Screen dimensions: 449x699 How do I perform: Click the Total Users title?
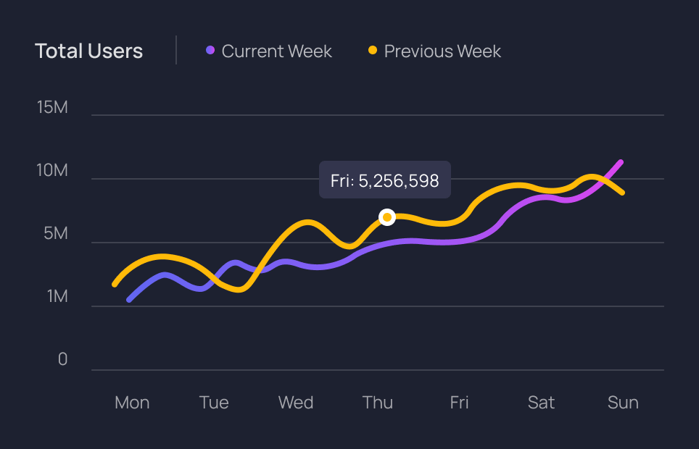[88, 51]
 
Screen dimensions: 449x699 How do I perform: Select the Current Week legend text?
[276, 51]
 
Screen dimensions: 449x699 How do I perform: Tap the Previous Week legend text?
[442, 51]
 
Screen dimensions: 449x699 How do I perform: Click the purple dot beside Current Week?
[210, 51]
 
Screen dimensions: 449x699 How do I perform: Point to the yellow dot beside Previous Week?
[373, 51]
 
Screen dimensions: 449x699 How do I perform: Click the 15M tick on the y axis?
[52, 108]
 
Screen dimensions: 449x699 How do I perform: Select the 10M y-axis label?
[52, 171]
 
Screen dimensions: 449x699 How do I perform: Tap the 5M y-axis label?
[55, 234]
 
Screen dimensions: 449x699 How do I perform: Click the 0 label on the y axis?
[62, 360]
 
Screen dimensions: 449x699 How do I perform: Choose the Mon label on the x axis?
[132, 403]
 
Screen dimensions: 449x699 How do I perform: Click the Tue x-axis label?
[214, 403]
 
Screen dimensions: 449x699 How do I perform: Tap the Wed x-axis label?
[296, 403]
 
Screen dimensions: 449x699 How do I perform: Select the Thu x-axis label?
[378, 403]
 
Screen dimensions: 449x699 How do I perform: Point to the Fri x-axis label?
[459, 403]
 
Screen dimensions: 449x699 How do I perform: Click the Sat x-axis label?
[541, 403]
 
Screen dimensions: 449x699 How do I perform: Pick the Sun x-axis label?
[623, 403]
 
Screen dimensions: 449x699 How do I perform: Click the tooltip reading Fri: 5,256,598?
[385, 180]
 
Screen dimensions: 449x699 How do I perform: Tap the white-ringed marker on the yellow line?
[387, 217]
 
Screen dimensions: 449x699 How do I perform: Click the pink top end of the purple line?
[620, 163]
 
